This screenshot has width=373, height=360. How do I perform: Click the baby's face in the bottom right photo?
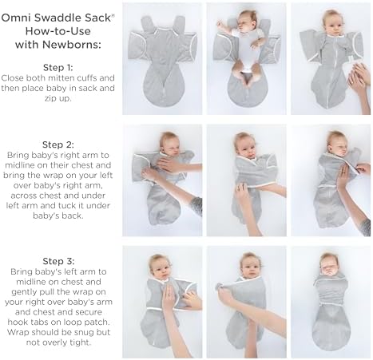tap(329, 263)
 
